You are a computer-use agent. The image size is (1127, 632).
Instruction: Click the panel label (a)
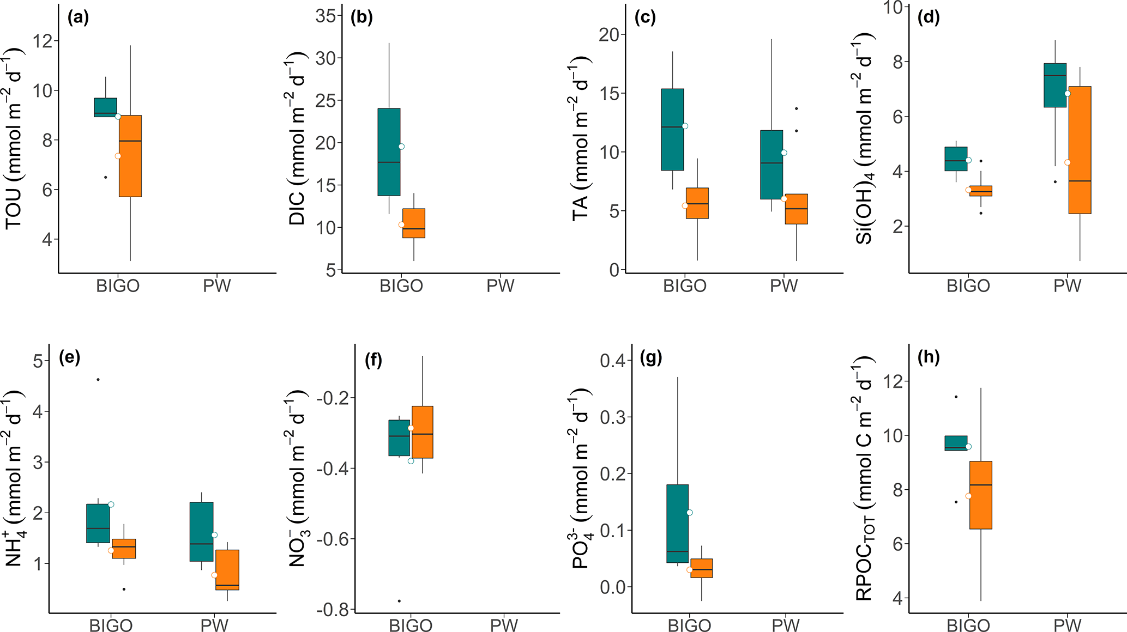78,18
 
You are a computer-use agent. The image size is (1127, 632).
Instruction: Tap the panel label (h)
929,358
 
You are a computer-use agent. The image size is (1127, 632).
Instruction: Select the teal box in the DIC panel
389,151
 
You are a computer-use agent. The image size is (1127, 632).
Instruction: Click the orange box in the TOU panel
130,156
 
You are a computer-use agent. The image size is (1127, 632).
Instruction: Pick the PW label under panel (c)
784,286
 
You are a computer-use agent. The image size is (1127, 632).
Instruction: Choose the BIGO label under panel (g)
689,625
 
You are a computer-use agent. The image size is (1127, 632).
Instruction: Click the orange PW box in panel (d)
1080,150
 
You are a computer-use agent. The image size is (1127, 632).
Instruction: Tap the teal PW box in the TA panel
772,165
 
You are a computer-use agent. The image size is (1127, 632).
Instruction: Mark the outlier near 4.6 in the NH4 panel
98,379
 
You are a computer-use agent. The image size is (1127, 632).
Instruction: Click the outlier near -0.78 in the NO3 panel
399,601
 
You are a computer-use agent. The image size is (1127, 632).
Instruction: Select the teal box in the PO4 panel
677,523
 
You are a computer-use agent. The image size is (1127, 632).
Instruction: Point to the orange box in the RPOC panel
980,495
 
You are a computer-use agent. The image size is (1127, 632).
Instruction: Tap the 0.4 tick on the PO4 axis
612,361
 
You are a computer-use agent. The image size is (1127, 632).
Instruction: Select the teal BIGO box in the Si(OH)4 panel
956,159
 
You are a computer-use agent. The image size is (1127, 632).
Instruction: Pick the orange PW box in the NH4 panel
227,569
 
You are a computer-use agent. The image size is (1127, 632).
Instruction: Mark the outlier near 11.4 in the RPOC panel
956,397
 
